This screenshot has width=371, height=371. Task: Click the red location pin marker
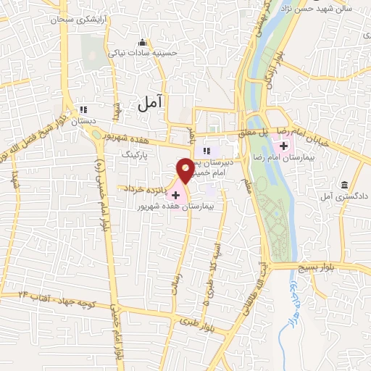click(x=185, y=170)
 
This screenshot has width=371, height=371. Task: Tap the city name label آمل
click(x=150, y=104)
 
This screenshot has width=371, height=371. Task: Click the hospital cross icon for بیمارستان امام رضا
click(x=283, y=148)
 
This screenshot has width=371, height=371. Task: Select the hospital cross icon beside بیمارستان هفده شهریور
click(x=175, y=195)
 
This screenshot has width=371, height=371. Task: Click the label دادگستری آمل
click(x=343, y=196)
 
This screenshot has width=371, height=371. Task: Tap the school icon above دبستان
click(x=82, y=110)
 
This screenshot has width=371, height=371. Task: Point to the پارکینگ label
click(x=133, y=154)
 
